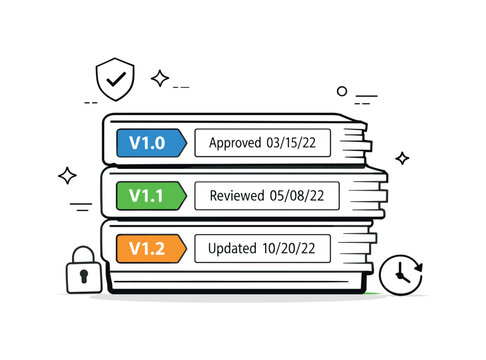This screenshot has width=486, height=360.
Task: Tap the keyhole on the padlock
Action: click(x=83, y=273)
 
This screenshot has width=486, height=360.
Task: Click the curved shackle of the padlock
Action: click(x=83, y=250)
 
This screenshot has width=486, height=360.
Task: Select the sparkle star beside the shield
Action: click(x=159, y=78)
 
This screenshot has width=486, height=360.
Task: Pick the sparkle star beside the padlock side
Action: click(x=67, y=176)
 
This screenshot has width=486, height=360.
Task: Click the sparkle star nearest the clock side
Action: click(x=402, y=158)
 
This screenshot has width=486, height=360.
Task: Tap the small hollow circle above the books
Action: click(x=342, y=91)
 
